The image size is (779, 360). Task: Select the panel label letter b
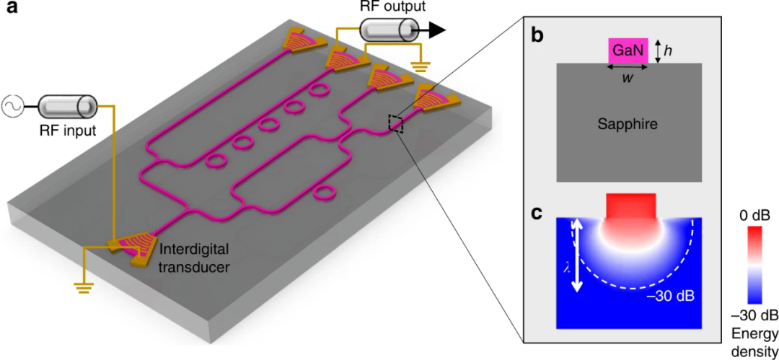(x=537, y=36)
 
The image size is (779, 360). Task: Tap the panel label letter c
(x=537, y=215)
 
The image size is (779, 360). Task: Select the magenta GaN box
(x=628, y=51)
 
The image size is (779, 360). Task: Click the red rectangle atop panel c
(x=631, y=206)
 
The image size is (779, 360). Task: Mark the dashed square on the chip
(x=395, y=123)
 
